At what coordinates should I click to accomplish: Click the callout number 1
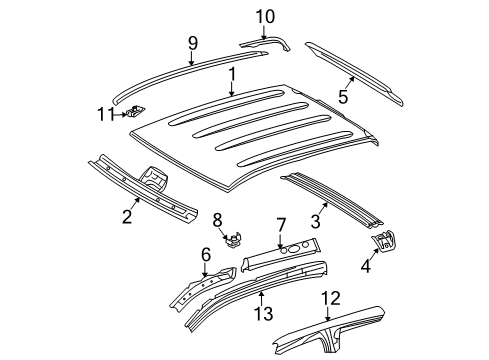pyautogui.click(x=231, y=74)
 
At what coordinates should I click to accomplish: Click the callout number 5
pyautogui.click(x=343, y=97)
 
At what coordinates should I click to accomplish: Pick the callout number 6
pyautogui.click(x=206, y=255)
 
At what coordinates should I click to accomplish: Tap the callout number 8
pyautogui.click(x=216, y=220)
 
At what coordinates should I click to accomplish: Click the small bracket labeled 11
pyautogui.click(x=136, y=113)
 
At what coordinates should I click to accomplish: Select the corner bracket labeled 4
pyautogui.click(x=384, y=267)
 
